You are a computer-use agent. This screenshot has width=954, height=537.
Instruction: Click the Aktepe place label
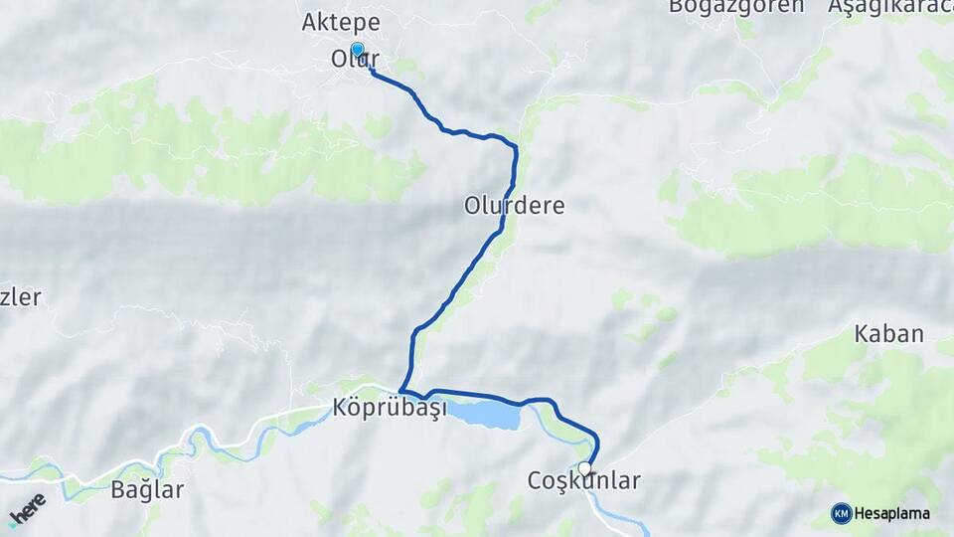[x=340, y=22]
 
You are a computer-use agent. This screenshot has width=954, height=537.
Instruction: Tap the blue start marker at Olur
[x=357, y=50]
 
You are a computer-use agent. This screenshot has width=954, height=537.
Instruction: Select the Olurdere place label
[x=514, y=206]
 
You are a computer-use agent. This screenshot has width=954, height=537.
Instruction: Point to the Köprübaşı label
[x=390, y=408]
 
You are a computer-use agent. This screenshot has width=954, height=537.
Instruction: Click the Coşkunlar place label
[x=583, y=481]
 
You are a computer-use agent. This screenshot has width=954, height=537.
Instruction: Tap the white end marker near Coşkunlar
[x=584, y=468]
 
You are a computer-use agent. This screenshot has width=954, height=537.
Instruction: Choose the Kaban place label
[x=889, y=334]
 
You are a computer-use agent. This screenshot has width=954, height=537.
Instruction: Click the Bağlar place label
[x=147, y=489]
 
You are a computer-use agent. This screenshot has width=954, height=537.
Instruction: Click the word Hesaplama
[x=892, y=513]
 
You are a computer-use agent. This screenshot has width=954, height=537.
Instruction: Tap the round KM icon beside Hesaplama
[x=842, y=513]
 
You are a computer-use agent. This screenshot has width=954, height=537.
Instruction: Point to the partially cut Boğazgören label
[x=735, y=6]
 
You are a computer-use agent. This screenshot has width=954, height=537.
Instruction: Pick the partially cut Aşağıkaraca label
[x=890, y=6]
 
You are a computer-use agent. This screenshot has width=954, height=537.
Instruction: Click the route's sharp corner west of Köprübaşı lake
[x=401, y=391]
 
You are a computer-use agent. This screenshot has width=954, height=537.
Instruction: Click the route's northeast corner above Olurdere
[x=515, y=147]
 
